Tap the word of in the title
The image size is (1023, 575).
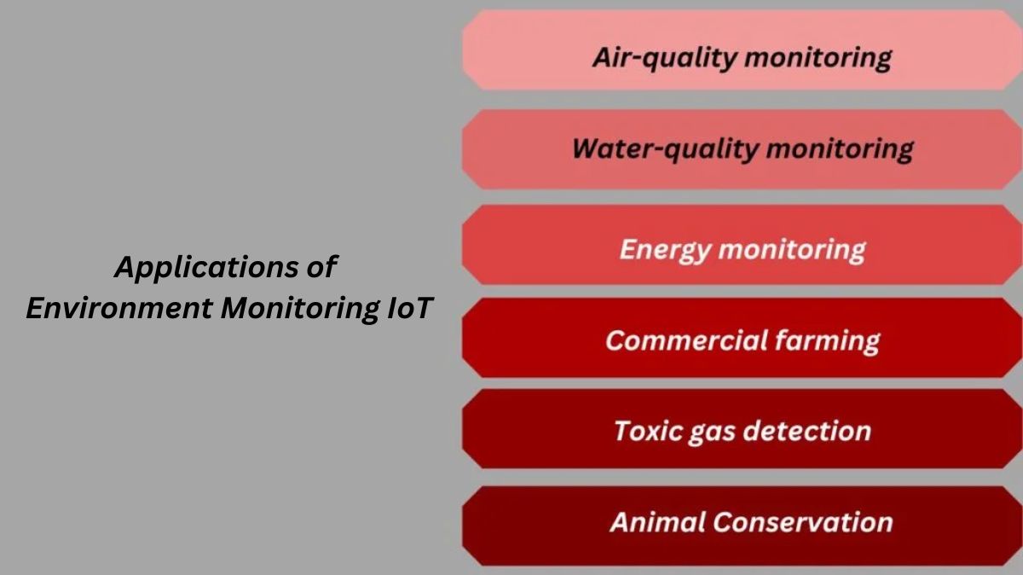click(x=322, y=268)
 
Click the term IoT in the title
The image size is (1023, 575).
click(x=409, y=308)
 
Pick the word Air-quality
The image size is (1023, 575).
click(x=662, y=58)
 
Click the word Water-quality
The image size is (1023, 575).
click(x=665, y=148)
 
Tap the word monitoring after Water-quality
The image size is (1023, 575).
click(x=839, y=148)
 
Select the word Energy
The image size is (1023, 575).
click(x=664, y=250)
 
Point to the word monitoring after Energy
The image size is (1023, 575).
click(x=792, y=250)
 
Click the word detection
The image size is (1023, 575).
click(x=808, y=430)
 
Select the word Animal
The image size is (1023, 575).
click(x=657, y=521)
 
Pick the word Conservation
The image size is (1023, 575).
click(x=803, y=521)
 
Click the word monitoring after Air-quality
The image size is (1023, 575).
click(x=818, y=58)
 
